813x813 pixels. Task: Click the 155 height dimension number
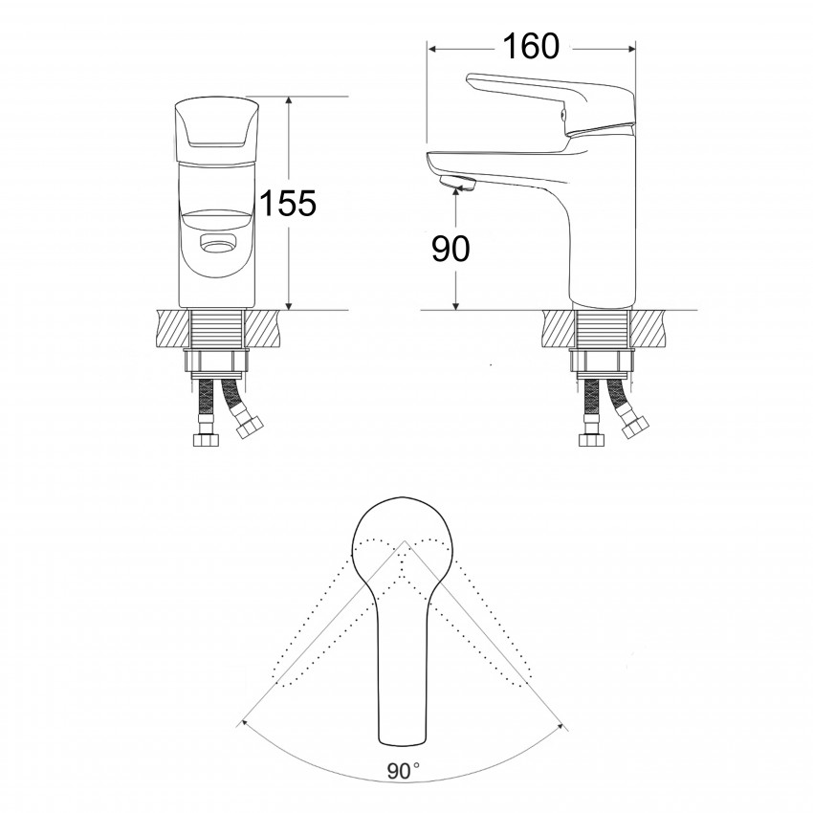coord(288,203)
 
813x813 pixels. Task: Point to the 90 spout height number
coord(450,249)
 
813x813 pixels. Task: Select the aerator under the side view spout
coord(455,183)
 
